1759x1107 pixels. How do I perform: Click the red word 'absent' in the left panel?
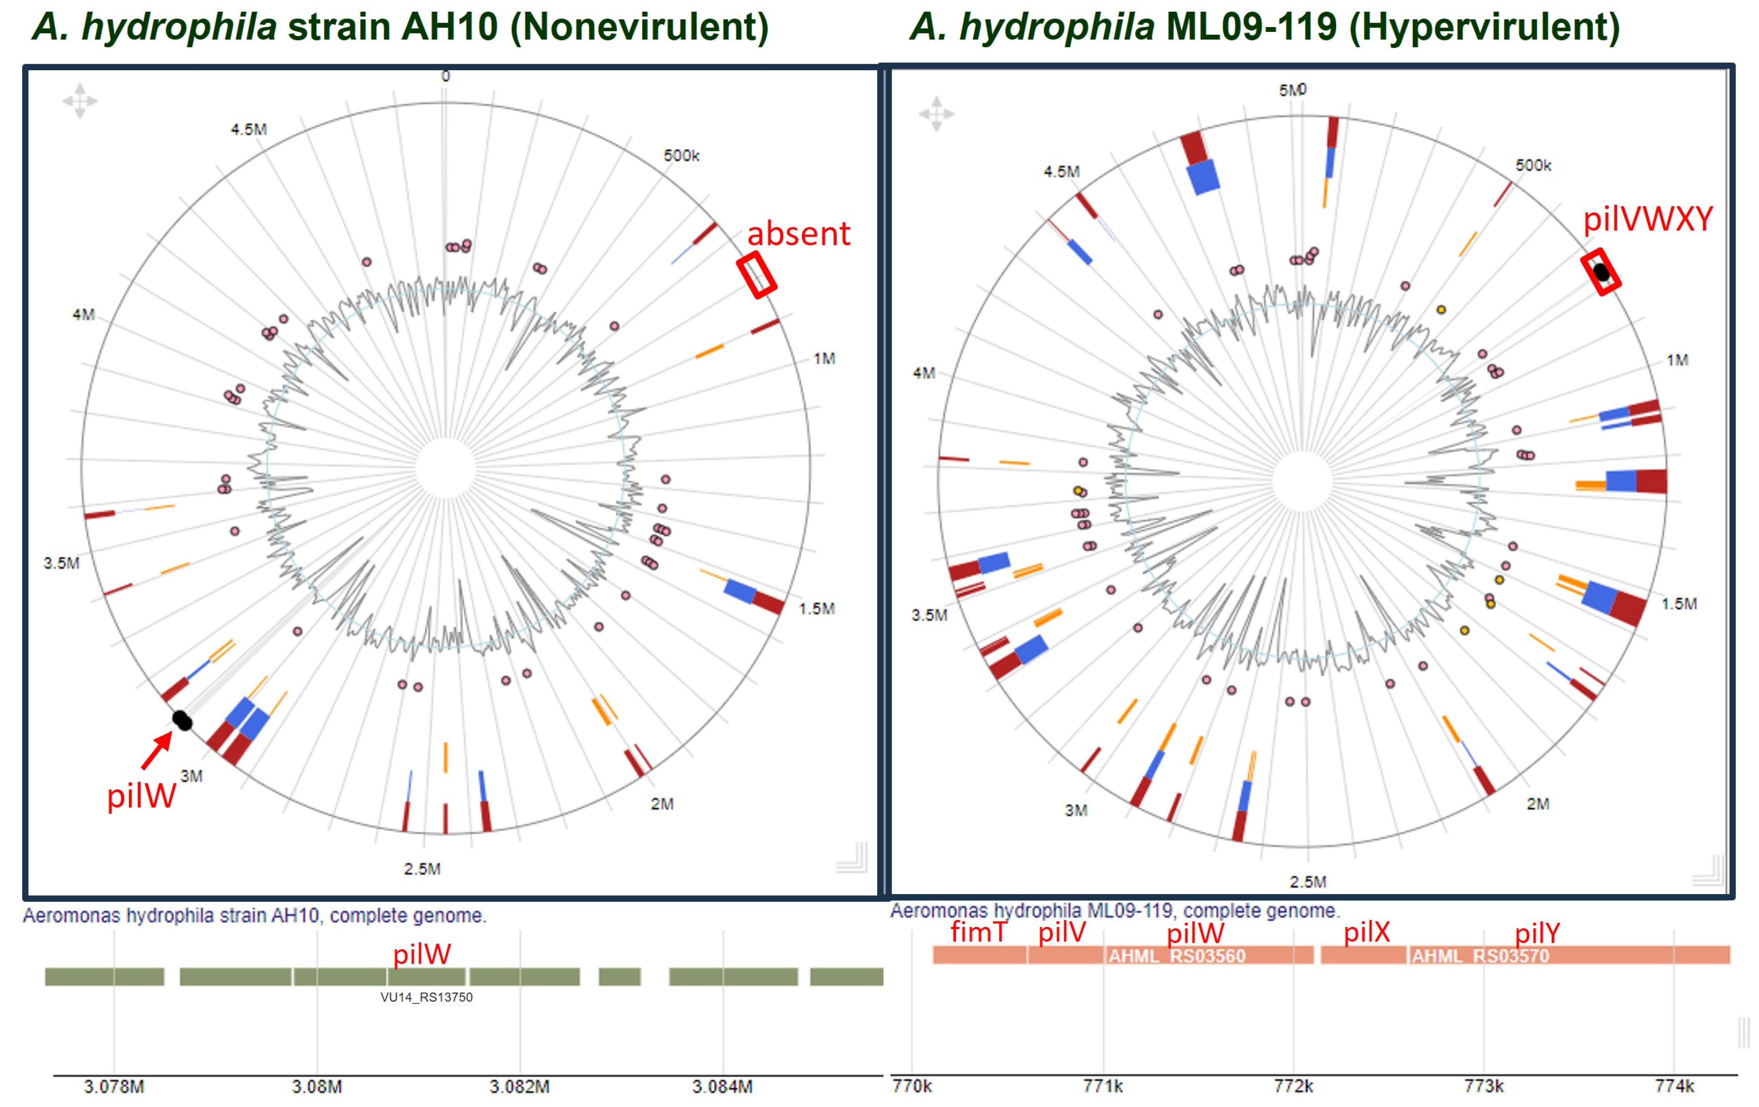799,234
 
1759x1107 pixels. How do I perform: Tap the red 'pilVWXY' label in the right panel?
1647,219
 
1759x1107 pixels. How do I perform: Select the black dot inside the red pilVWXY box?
1601,272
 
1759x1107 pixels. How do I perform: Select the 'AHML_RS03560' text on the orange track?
1177,956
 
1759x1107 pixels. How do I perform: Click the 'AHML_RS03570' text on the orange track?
1480,956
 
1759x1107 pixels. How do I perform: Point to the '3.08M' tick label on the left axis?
317,1086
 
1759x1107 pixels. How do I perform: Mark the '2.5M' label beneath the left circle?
422,869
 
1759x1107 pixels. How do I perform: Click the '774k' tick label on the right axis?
1673,1086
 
